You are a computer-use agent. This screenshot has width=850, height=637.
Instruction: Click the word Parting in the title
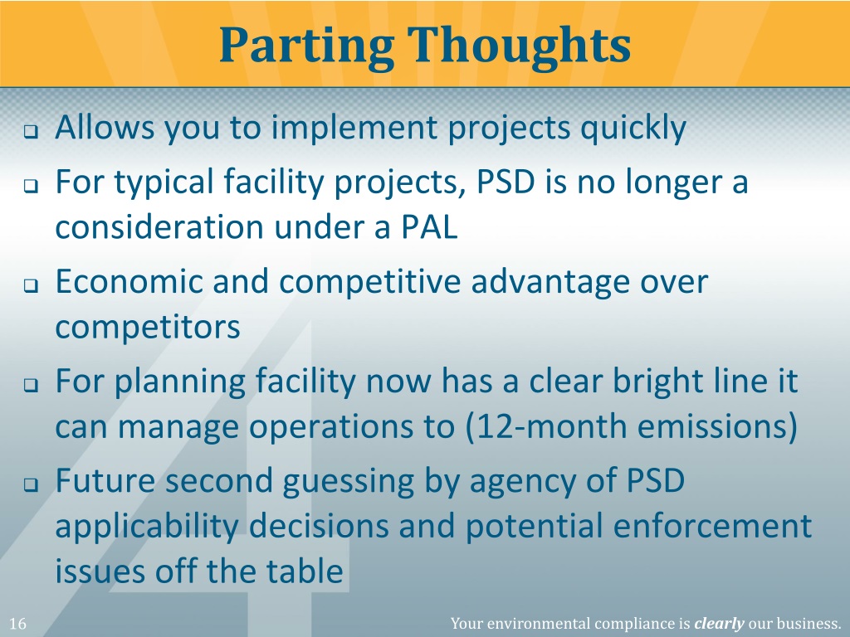tap(300, 46)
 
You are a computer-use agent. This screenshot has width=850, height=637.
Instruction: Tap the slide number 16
tap(17, 624)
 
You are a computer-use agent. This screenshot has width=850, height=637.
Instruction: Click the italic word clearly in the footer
tap(718, 624)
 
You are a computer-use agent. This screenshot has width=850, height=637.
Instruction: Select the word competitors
tap(148, 327)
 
